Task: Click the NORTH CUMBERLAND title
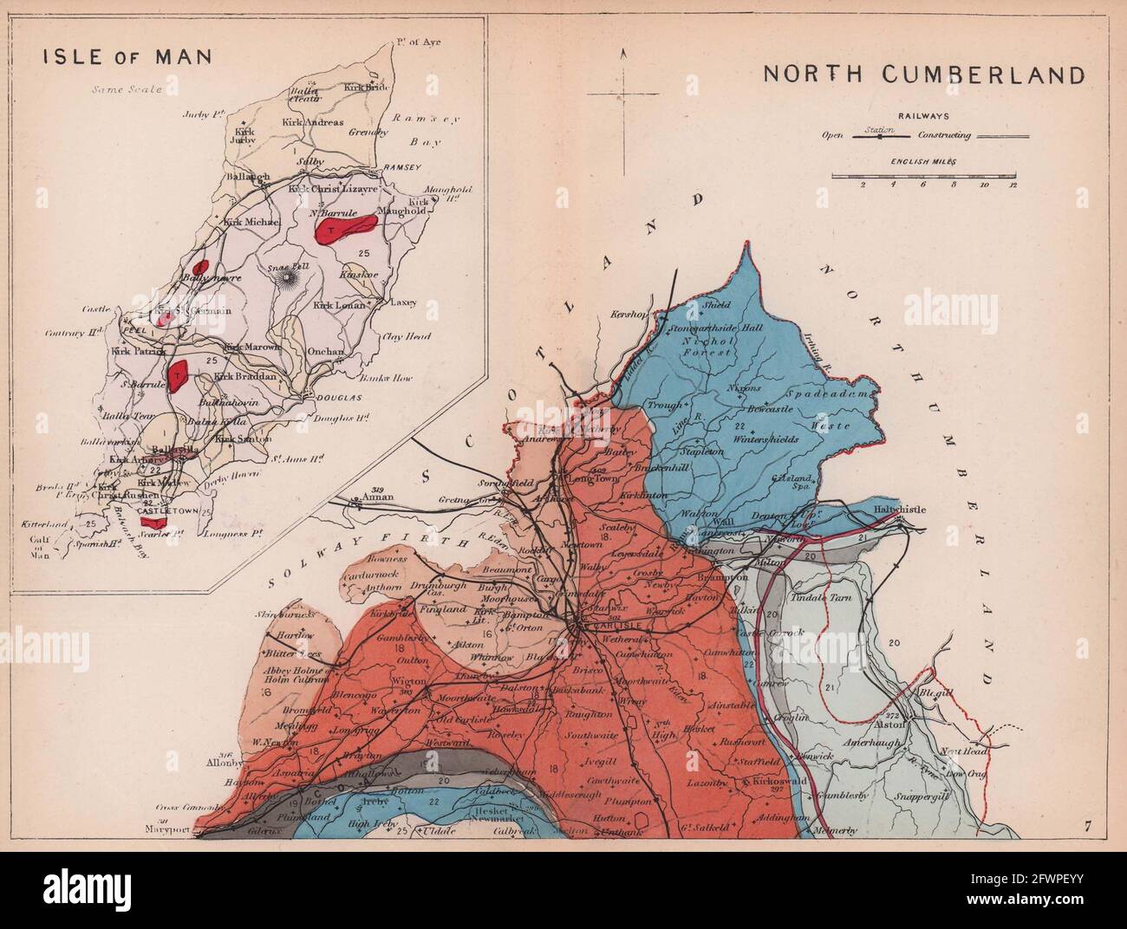(923, 74)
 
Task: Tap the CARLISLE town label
(610, 626)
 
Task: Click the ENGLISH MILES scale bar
(923, 175)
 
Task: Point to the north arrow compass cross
(623, 93)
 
